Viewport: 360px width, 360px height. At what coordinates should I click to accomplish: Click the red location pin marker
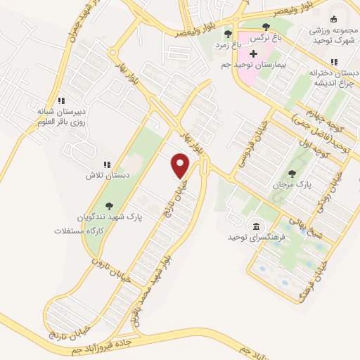(x=181, y=165)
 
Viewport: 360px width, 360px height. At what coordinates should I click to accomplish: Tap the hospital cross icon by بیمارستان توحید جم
(x=254, y=53)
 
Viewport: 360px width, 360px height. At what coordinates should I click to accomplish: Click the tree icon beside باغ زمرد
(x=226, y=32)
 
